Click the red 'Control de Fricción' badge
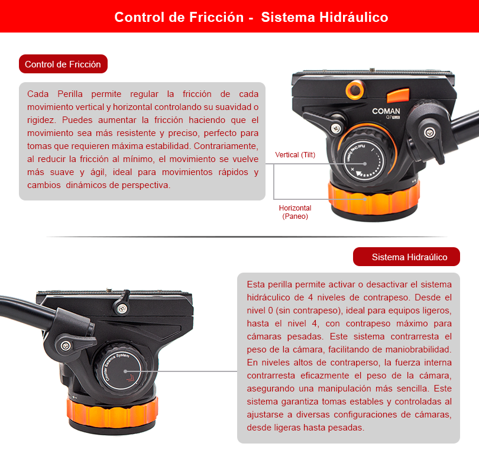click(x=63, y=64)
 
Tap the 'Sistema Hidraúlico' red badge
click(x=406, y=257)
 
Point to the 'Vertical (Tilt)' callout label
click(x=295, y=154)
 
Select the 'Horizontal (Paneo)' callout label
click(x=295, y=212)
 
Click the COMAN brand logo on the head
click(x=386, y=111)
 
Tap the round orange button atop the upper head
click(x=355, y=90)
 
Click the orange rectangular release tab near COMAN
click(x=398, y=95)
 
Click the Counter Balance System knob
click(x=121, y=370)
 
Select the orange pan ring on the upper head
click(x=374, y=199)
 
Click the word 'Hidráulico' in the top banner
click(x=354, y=17)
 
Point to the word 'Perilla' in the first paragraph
click(x=70, y=94)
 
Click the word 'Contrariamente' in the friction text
click(x=226, y=146)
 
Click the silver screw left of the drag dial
click(x=336, y=128)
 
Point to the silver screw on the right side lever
click(x=429, y=132)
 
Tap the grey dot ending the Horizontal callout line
click(x=365, y=199)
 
